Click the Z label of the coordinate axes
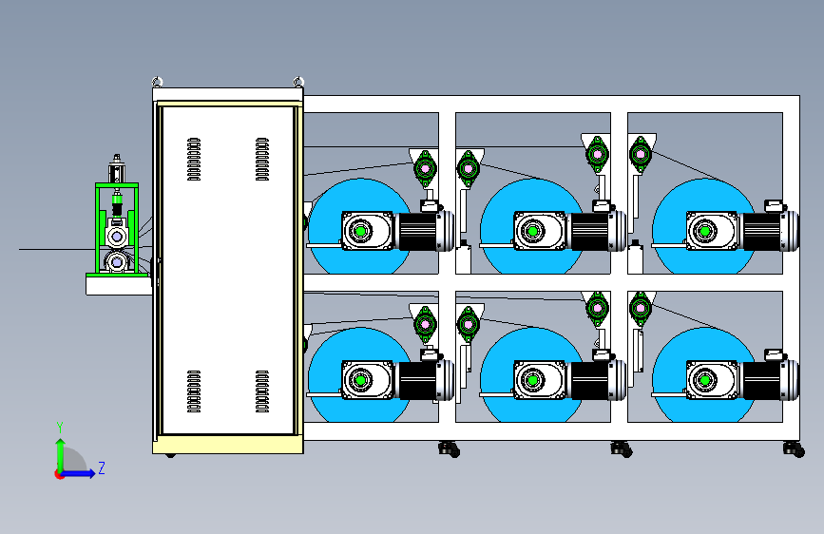[101, 467]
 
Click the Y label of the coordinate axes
[60, 428]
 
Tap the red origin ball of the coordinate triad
[60, 473]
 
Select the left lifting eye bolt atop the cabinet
[158, 82]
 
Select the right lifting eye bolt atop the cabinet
[298, 82]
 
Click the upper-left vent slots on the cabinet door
[194, 160]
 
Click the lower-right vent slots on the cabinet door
[262, 391]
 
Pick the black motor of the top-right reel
[768, 231]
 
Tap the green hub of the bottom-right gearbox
[704, 381]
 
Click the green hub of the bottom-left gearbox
[361, 381]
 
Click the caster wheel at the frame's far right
[790, 449]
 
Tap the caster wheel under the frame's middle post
[621, 449]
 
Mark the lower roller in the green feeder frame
[118, 260]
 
